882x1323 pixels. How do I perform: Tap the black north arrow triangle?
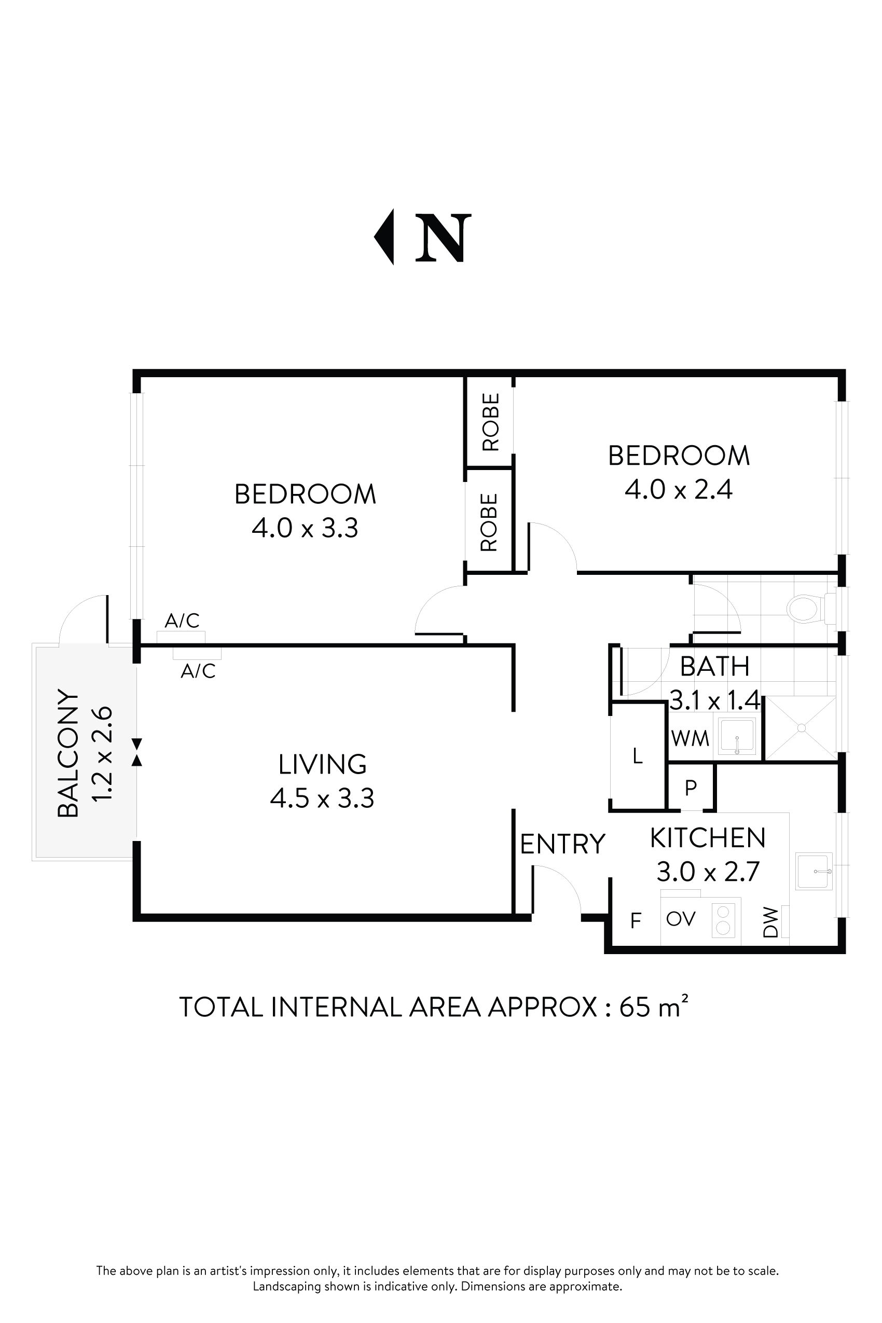pyautogui.click(x=385, y=237)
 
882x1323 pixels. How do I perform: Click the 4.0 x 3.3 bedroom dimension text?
pyautogui.click(x=305, y=528)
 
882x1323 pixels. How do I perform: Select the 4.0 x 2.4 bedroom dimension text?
pyautogui.click(x=679, y=489)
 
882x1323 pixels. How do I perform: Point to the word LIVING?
pyautogui.click(x=322, y=764)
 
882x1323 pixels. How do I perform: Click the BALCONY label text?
pyautogui.click(x=68, y=753)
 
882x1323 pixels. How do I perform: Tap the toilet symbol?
pyautogui.click(x=803, y=609)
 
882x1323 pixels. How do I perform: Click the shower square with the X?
pyautogui.click(x=801, y=728)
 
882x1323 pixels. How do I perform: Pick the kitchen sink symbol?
pyautogui.click(x=814, y=871)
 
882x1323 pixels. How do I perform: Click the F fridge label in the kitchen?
pyautogui.click(x=636, y=921)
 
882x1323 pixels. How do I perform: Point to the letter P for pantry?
pyautogui.click(x=691, y=788)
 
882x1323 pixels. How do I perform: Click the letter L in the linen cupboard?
pyautogui.click(x=637, y=756)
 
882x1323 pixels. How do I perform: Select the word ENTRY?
pyautogui.click(x=562, y=844)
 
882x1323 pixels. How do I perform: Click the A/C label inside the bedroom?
pyautogui.click(x=182, y=621)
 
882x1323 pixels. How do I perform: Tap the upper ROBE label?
pyautogui.click(x=490, y=422)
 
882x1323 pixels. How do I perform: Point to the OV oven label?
pyautogui.click(x=681, y=918)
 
